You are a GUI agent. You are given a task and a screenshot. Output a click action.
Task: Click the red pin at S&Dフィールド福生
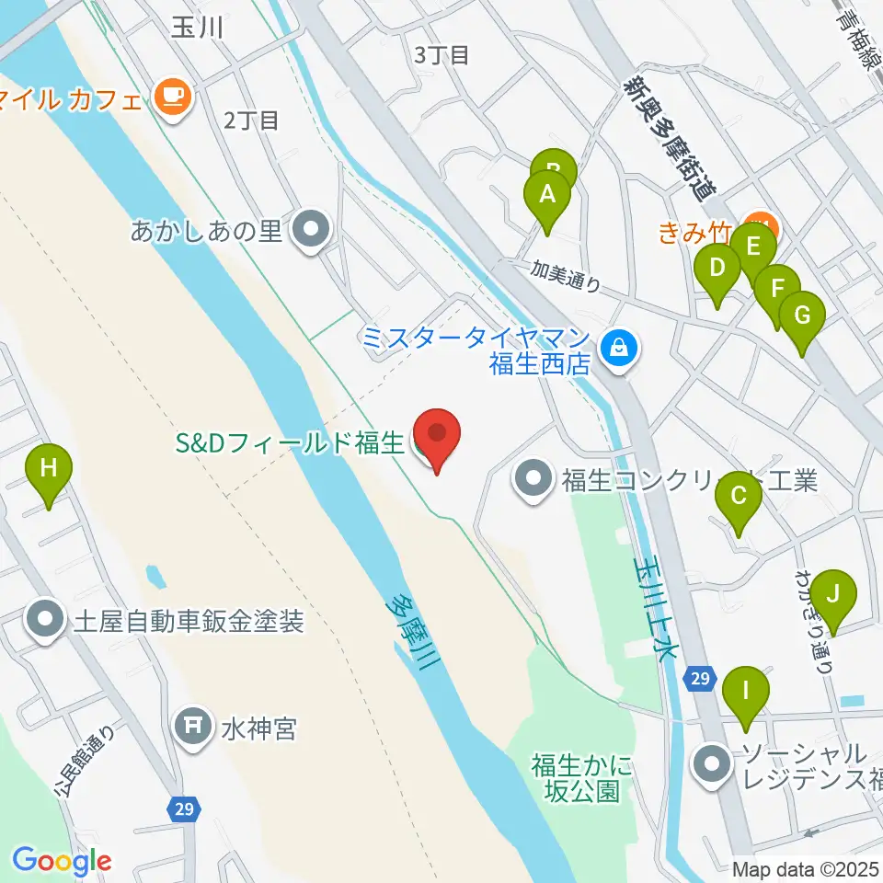(438, 435)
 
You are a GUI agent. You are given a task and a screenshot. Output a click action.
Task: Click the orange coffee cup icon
(172, 97)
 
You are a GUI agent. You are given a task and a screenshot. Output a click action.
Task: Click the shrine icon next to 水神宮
(194, 729)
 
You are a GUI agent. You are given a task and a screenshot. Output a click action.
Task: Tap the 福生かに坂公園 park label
(582, 776)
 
